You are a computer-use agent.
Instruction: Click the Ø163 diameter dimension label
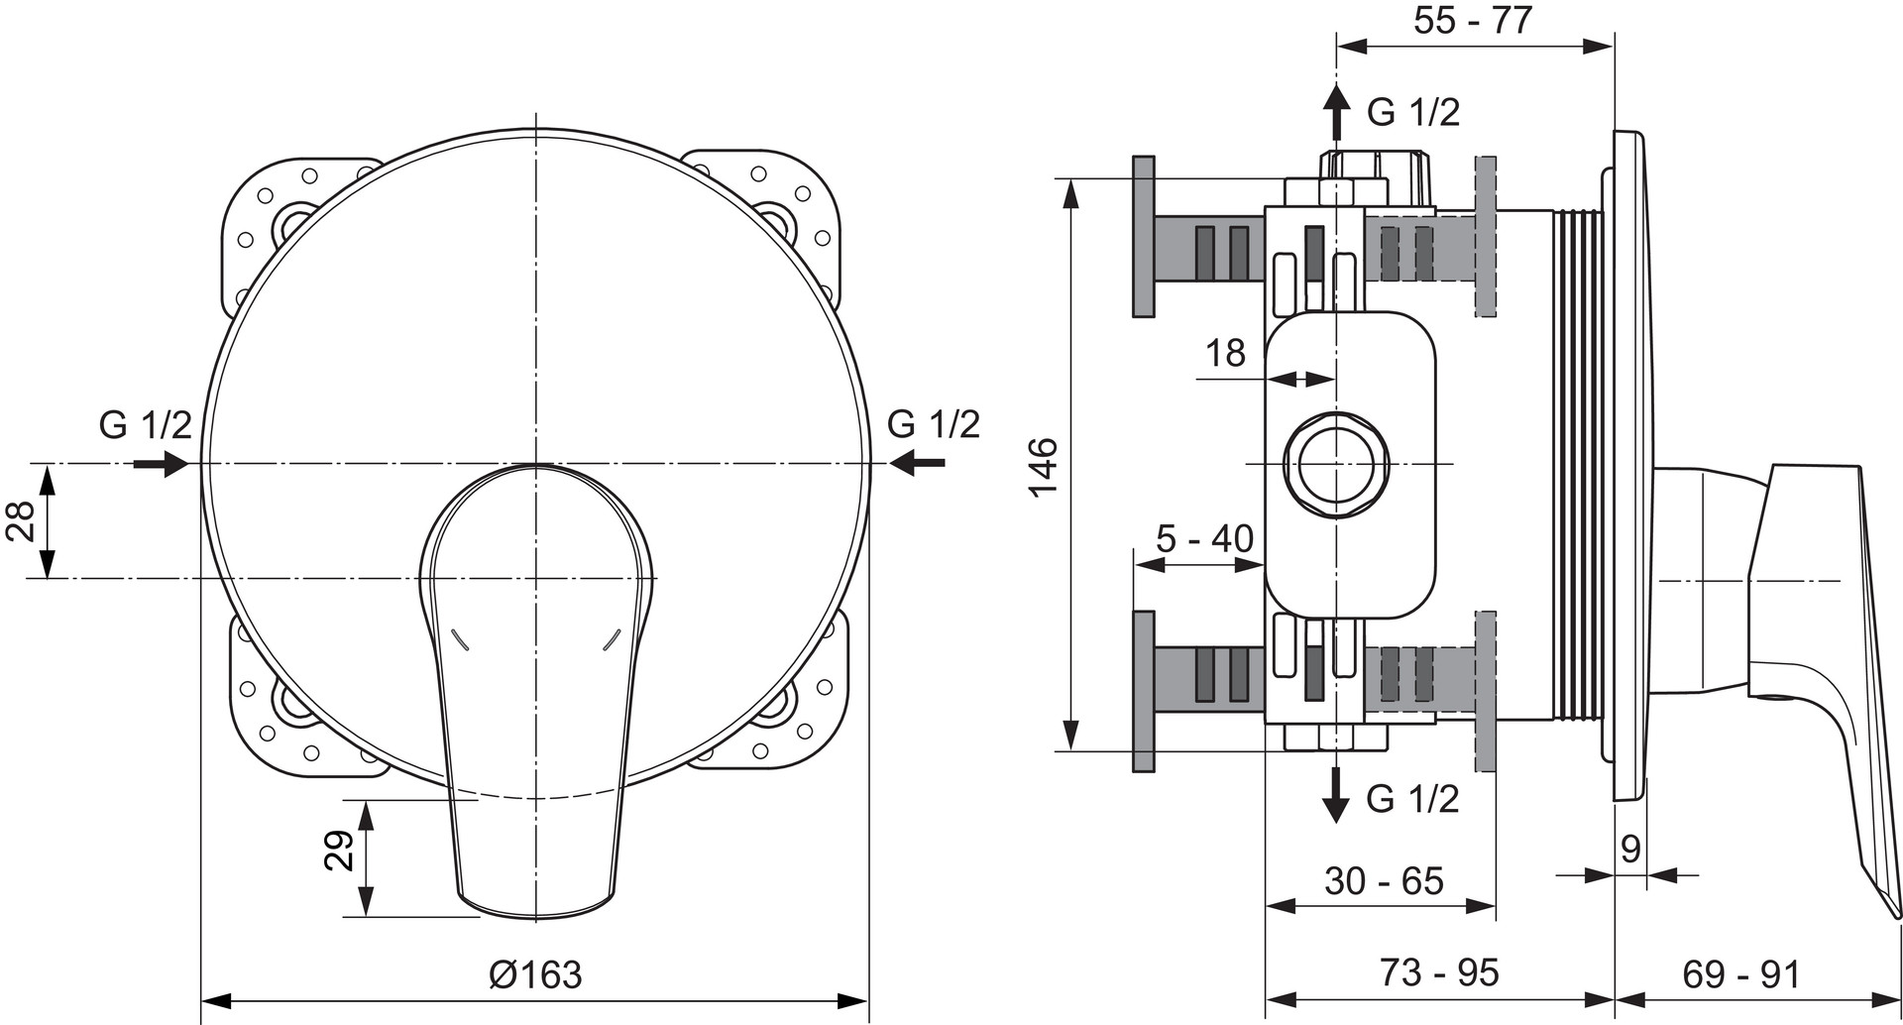(535, 974)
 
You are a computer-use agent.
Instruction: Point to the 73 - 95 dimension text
(1439, 972)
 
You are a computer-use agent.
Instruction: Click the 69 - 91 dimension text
(1740, 974)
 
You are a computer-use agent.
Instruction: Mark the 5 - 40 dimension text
(1204, 538)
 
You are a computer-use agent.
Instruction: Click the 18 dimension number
(1225, 353)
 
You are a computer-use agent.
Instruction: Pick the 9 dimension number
(1630, 849)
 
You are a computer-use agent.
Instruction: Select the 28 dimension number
(21, 520)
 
